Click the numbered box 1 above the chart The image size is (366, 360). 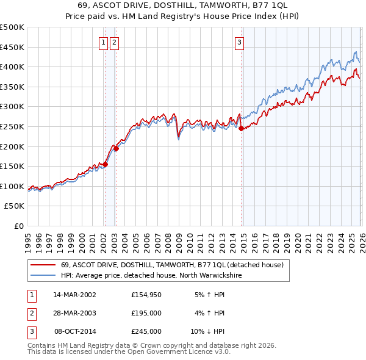coord(103,42)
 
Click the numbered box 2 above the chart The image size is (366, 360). coord(115,42)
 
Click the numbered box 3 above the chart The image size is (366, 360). coord(240,42)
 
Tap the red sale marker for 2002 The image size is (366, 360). coord(105,164)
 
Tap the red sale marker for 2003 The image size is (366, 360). coord(116,148)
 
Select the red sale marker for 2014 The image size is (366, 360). coord(241,128)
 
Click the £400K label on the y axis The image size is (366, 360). coord(13,67)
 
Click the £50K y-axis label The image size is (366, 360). coord(15,206)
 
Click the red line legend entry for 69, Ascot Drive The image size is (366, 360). coord(171,265)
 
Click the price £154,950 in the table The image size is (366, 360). coord(146,295)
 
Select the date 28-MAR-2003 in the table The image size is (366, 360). coord(74,313)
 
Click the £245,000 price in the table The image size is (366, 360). coord(146,331)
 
